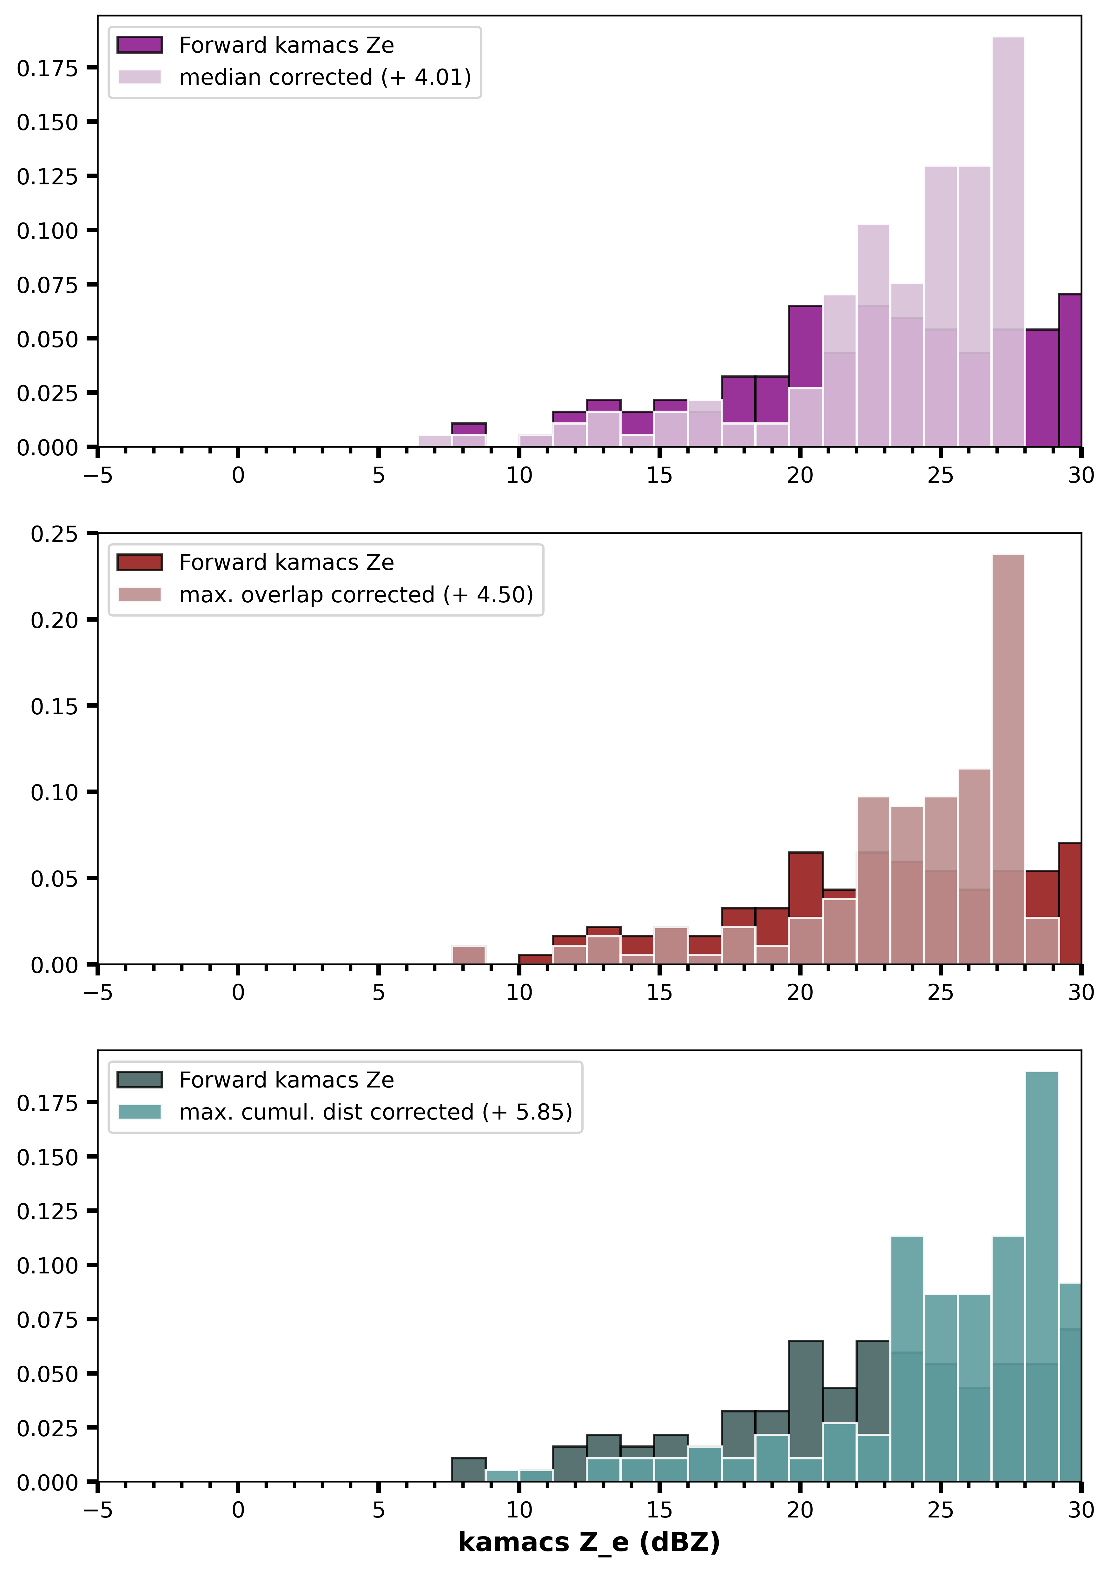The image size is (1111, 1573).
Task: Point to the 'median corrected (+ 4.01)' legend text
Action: point(325,77)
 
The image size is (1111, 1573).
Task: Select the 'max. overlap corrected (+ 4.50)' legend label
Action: point(356,595)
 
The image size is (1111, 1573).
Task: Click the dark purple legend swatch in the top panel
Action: point(140,45)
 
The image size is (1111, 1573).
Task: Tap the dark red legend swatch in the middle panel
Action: point(140,563)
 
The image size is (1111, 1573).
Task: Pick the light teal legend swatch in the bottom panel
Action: point(140,1112)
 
